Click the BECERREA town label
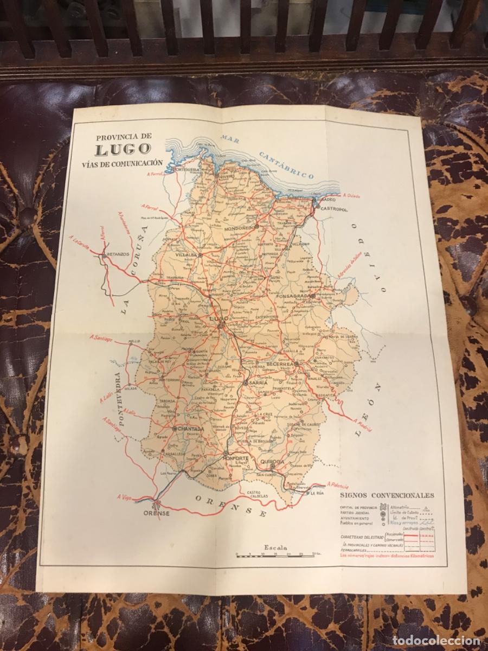tap(279, 364)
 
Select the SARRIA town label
tap(258, 383)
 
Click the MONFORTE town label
tap(236, 458)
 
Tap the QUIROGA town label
tap(272, 462)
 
